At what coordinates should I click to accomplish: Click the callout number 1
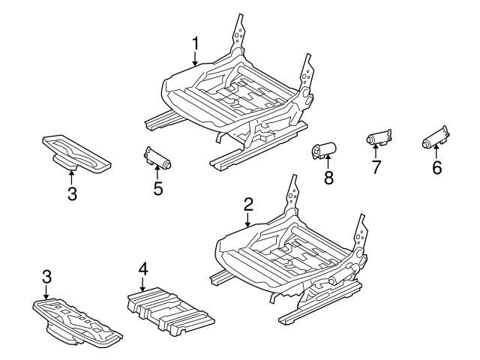195,43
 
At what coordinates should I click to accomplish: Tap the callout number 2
248,205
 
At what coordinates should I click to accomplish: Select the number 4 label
143,269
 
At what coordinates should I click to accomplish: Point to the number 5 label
158,188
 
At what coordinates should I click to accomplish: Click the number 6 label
437,168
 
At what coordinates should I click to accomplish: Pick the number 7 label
376,167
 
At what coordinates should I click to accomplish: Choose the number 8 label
328,178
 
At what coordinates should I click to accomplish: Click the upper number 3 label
72,193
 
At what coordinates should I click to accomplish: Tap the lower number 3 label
46,277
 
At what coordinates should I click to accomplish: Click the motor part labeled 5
157,157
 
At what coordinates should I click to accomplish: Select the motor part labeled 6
436,137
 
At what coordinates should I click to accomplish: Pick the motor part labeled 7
379,137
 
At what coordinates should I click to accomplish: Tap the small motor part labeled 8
324,151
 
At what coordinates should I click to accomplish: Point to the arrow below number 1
195,58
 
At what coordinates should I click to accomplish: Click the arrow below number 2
248,220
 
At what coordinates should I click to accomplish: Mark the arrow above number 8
328,162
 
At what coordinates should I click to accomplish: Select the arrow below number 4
142,285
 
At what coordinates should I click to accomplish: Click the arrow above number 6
436,152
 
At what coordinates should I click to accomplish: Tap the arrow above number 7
375,151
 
